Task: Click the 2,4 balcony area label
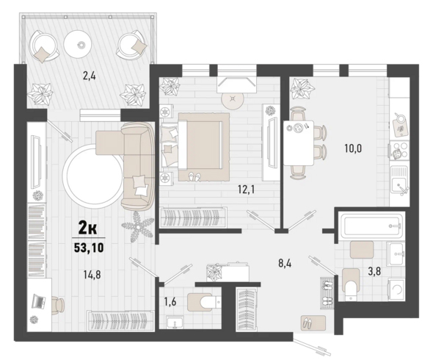(90, 76)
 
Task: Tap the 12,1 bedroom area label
(246, 190)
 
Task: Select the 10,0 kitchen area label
(353, 148)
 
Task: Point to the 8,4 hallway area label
(285, 263)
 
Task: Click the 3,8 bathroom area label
(375, 272)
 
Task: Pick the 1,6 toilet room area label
(170, 302)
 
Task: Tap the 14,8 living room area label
(92, 275)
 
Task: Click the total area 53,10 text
(89, 248)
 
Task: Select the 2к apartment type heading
(88, 228)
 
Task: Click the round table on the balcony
(78, 43)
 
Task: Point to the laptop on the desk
(38, 301)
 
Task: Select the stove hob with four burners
(399, 151)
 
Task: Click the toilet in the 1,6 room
(204, 302)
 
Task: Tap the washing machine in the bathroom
(396, 289)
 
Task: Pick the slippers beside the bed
(194, 177)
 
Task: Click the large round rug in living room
(93, 176)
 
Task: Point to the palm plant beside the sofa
(137, 226)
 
